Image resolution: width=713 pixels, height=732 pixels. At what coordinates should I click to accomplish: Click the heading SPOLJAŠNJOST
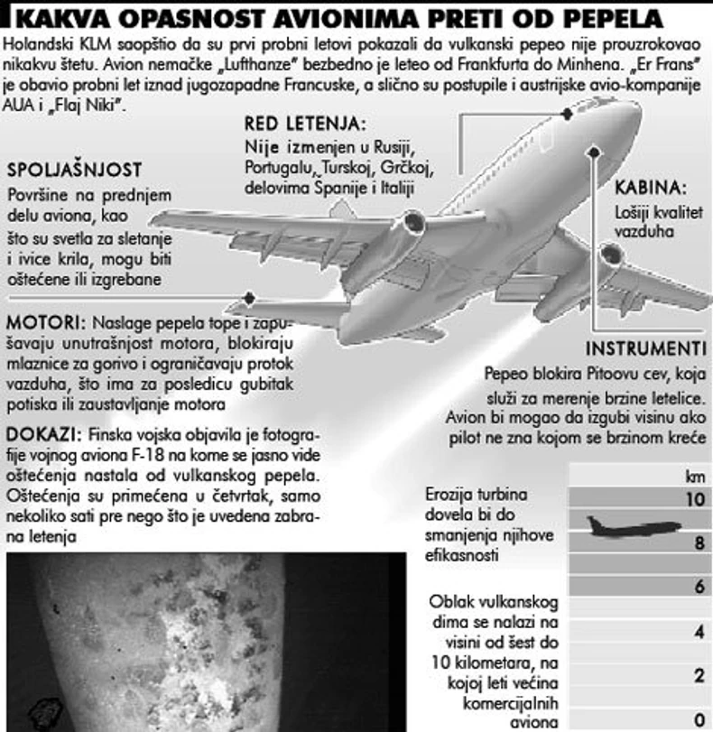click(x=74, y=171)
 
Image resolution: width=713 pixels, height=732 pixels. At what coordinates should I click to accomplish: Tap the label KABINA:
click(x=650, y=188)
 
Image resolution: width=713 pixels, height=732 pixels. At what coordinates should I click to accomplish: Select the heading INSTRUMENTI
click(x=645, y=349)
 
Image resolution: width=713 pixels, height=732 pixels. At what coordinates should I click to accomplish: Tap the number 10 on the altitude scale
click(x=695, y=498)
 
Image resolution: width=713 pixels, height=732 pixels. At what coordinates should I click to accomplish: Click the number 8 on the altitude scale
click(x=697, y=542)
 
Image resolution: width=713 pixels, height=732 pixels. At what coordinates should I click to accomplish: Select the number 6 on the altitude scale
click(x=697, y=586)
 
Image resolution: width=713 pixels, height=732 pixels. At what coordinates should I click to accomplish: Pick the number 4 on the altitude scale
click(x=698, y=632)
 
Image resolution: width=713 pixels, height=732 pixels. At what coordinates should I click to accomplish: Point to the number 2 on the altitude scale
click(x=698, y=676)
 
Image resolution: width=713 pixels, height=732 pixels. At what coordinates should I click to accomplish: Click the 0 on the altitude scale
click(x=698, y=719)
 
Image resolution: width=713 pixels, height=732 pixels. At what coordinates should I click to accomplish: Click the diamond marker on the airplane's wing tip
click(x=250, y=297)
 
